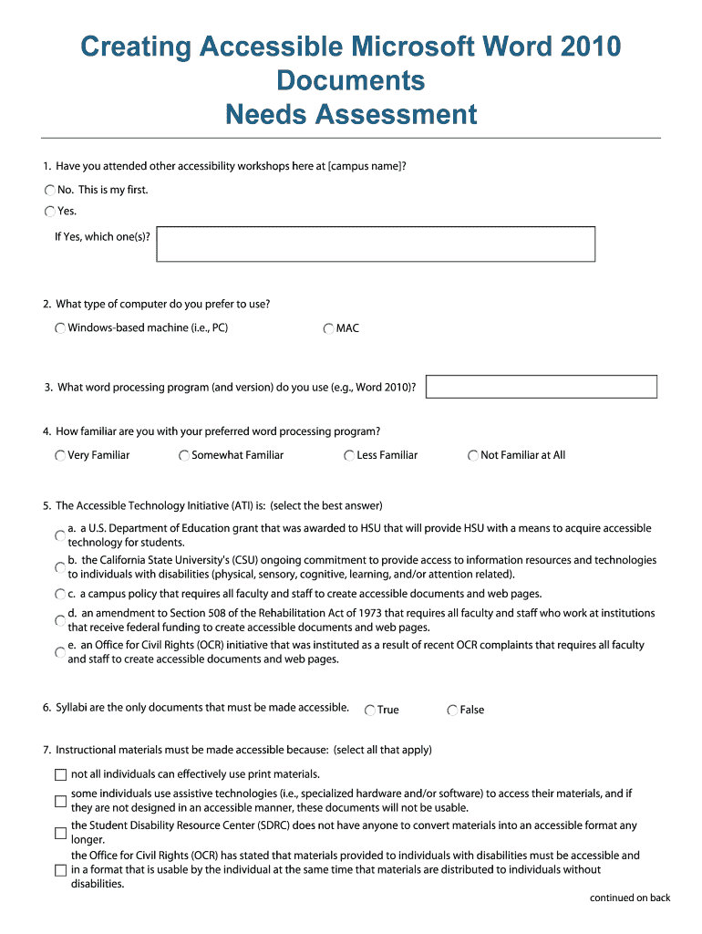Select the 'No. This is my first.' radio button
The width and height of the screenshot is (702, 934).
(49, 191)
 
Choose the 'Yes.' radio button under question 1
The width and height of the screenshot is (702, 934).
(49, 212)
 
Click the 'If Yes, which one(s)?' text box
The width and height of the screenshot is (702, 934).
(376, 244)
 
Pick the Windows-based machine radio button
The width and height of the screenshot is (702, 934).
(60, 328)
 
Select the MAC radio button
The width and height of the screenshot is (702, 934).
(328, 328)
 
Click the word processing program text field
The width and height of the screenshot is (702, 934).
(542, 387)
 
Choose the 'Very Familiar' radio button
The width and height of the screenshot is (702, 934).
(60, 456)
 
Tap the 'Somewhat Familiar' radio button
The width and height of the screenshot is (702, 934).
(184, 456)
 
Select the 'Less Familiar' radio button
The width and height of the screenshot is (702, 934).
(349, 456)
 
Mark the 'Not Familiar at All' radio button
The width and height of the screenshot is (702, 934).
(473, 456)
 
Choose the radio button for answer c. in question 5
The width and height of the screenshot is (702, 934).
(60, 594)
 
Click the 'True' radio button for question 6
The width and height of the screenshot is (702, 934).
(370, 711)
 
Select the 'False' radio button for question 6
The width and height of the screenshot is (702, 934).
(452, 711)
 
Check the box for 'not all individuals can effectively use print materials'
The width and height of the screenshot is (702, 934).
(61, 775)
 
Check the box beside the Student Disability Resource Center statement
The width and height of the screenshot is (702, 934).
(61, 833)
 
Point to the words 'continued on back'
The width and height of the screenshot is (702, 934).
(629, 898)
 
